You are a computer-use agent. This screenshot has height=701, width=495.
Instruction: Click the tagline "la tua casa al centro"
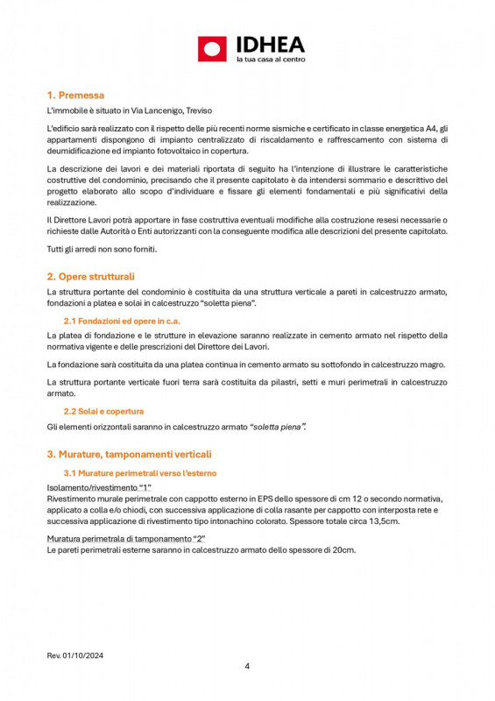(271, 60)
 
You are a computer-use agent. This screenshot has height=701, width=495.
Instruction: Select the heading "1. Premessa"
(75, 95)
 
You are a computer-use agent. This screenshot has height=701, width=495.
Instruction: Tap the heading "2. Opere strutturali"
(90, 276)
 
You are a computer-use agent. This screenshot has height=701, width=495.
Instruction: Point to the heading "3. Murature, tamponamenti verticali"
(129, 454)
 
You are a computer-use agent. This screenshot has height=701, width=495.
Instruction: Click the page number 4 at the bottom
(247, 666)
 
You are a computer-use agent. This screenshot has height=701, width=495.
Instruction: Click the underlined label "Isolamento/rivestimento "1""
(99, 487)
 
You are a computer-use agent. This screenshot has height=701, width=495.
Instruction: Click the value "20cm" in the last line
(344, 549)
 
